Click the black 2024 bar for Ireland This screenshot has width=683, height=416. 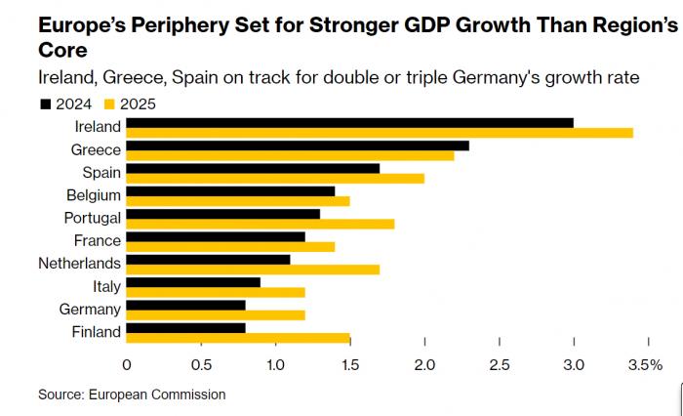[x=349, y=122]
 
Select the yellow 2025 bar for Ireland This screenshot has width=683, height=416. [x=380, y=132]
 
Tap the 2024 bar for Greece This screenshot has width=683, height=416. [x=298, y=145]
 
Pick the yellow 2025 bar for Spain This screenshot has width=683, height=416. [x=275, y=178]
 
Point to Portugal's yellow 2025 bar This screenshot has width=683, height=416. [x=261, y=224]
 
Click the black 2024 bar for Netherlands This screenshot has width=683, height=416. [x=208, y=259]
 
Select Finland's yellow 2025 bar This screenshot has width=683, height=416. [x=238, y=338]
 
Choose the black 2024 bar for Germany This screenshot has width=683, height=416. [x=185, y=305]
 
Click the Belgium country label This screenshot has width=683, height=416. [x=95, y=194]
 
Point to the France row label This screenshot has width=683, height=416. [x=98, y=240]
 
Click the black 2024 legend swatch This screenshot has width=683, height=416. [x=45, y=103]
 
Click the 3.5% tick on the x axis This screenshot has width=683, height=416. [x=646, y=364]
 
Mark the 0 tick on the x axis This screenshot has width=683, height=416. [x=127, y=364]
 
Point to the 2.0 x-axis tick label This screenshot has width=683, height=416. [x=424, y=364]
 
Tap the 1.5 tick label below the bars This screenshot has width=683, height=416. [x=349, y=364]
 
